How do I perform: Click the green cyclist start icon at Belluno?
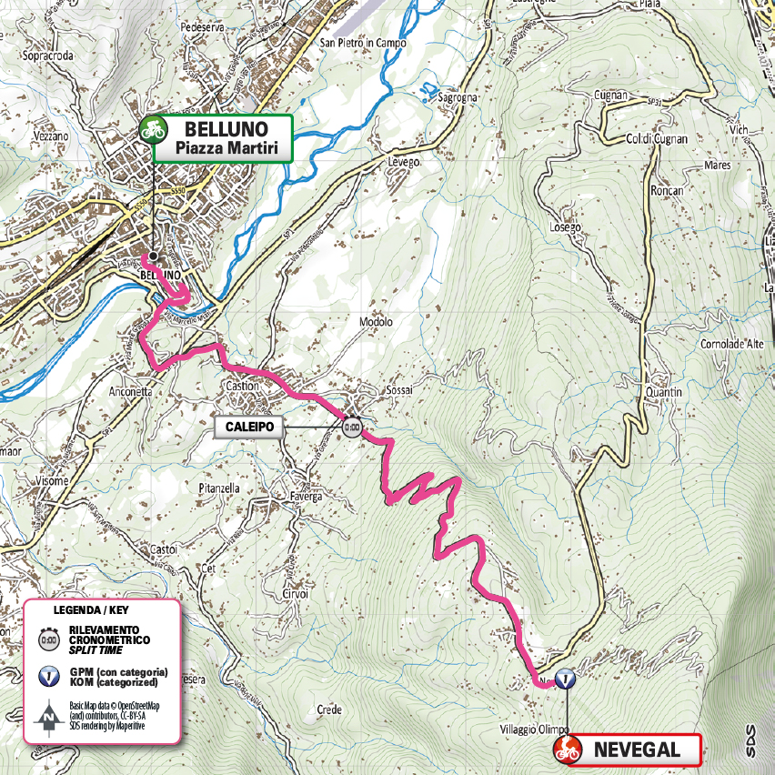point(153,130)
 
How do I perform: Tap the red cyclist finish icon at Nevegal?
point(568,750)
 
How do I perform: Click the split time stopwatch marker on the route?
point(352,426)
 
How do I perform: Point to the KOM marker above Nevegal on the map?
point(566,679)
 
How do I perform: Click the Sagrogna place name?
point(457,96)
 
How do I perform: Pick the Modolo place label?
point(376,322)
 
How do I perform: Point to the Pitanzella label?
point(218,488)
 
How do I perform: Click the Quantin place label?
point(663,392)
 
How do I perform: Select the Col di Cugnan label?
point(656,138)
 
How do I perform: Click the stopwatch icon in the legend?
point(45,639)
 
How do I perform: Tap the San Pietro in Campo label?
point(362,43)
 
